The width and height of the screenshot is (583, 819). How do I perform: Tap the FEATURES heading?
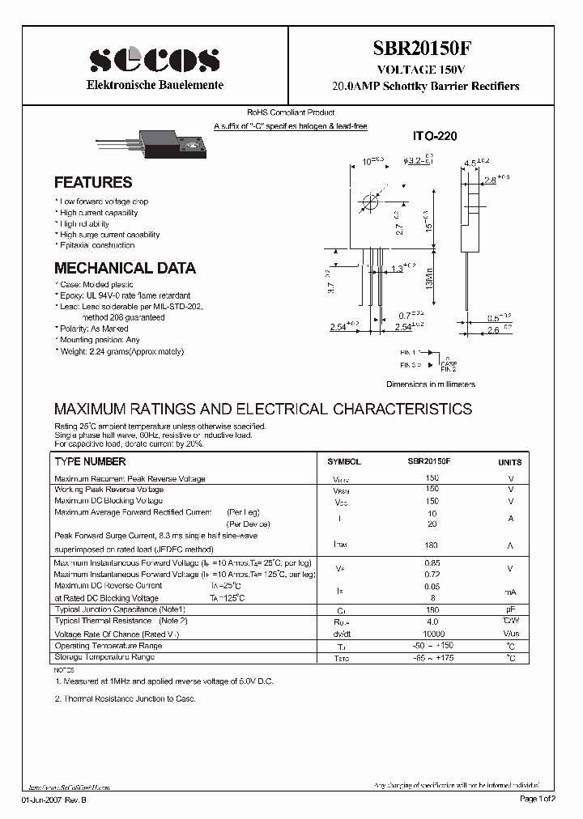pos(93,183)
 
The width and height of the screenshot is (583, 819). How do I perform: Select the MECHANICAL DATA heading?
pos(125,268)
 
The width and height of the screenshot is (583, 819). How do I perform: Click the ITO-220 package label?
pos(436,137)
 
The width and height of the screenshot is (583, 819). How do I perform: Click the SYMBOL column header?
pos(343,462)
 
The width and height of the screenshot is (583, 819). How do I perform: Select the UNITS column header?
pos(510,462)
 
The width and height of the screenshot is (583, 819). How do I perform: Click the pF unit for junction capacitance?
pos(510,609)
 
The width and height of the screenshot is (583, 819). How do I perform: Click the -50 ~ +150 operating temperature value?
pos(432,647)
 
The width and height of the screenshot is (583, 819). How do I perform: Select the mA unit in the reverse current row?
pos(510,592)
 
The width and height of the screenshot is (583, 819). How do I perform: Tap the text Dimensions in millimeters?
pos(430,384)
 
